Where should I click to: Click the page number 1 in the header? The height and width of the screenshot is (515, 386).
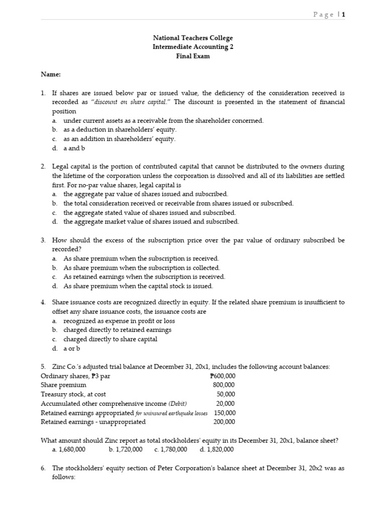click(x=344, y=15)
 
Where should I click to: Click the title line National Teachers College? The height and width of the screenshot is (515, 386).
click(x=193, y=38)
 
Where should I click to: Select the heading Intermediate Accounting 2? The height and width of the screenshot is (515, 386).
click(x=193, y=47)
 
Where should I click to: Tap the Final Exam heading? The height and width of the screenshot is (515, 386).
click(x=193, y=56)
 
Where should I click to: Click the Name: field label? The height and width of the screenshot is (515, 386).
click(x=50, y=74)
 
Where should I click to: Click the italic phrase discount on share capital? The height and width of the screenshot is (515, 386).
click(x=126, y=102)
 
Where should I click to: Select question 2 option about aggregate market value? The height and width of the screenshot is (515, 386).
click(x=151, y=221)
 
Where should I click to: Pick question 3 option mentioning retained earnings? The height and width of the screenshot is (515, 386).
click(x=144, y=277)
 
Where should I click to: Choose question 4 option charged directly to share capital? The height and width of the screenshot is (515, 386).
click(x=110, y=339)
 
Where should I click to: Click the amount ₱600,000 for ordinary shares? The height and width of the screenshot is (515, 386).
click(x=222, y=376)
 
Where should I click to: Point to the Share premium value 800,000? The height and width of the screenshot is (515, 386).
click(x=224, y=385)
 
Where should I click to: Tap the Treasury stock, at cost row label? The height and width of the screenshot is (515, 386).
click(x=73, y=394)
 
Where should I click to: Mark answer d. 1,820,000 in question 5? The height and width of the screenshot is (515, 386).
click(x=217, y=449)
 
